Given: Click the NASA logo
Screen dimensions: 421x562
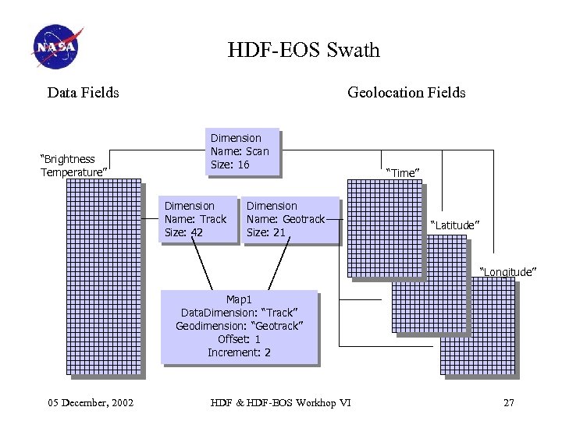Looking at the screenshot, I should [x=57, y=46].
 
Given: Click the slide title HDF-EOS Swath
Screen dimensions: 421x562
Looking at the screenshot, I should [x=304, y=51].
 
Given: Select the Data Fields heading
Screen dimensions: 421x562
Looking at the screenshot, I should [x=84, y=93].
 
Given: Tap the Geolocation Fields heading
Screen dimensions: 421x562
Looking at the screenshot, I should [x=406, y=93].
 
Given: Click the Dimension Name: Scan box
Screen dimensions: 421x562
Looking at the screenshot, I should [x=242, y=151].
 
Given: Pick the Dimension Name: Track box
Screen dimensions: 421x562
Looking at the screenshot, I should [x=198, y=219].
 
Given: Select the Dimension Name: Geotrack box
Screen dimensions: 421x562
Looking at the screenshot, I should [x=290, y=219].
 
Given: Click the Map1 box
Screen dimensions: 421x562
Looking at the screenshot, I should [x=239, y=326].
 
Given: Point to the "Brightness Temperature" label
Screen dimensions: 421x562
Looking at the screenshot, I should [x=73, y=165].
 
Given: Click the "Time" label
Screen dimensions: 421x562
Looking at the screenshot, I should [x=403, y=172].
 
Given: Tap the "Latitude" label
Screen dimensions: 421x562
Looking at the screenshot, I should [x=455, y=225].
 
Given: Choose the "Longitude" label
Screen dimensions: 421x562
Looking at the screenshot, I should [x=507, y=271].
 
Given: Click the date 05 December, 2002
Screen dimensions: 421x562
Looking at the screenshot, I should [x=91, y=402].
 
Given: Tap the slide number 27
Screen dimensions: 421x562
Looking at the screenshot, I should [x=509, y=402].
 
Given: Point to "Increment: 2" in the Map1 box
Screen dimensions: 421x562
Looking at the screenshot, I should [x=239, y=352].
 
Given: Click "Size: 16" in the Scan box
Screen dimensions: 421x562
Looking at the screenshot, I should [x=229, y=165].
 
